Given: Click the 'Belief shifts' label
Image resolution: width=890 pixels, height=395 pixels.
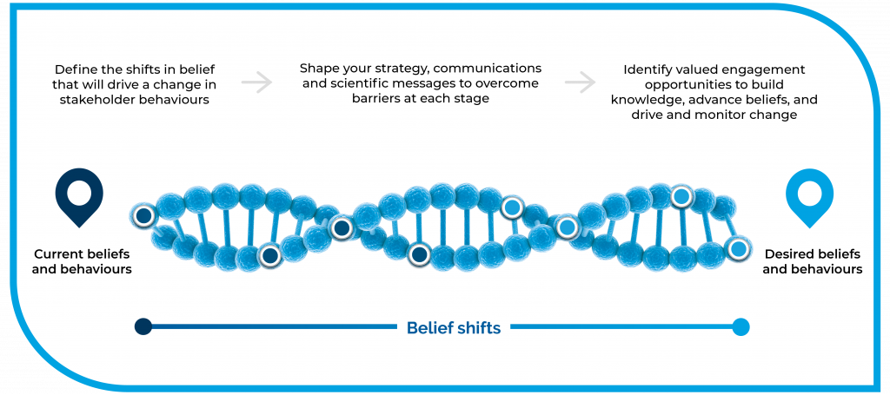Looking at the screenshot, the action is tap(454, 327).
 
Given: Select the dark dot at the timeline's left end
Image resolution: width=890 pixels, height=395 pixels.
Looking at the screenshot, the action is tap(143, 326).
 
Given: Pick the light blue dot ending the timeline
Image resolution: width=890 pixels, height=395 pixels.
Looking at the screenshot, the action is tap(741, 326).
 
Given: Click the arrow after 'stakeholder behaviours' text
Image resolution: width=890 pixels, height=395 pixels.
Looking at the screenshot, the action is tap(256, 82).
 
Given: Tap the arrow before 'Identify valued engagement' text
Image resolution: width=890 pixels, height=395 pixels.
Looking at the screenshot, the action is tap(580, 82).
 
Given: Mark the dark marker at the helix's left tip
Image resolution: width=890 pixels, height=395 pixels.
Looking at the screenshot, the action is tap(144, 216).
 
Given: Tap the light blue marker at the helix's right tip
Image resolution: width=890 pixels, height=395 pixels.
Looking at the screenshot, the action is tap(737, 248).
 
